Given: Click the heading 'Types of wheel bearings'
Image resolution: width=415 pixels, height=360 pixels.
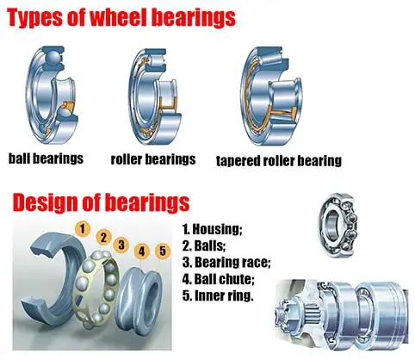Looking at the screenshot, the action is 121,18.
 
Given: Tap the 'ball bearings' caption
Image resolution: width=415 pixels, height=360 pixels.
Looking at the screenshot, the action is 46,158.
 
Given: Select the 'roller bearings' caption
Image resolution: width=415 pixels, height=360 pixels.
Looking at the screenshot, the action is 153,159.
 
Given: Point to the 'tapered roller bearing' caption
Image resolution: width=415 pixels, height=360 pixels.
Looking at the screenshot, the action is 279,161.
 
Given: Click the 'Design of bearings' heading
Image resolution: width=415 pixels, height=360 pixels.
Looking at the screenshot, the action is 101,202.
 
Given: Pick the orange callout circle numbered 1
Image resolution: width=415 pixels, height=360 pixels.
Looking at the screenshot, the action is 83,229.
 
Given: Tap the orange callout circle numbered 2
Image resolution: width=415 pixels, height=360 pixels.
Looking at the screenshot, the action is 103,238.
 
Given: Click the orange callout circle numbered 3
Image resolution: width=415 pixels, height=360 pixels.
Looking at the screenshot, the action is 121,245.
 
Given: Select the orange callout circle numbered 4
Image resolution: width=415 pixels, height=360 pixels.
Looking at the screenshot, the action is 142,251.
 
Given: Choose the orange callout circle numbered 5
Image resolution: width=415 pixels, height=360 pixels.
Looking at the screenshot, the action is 163,251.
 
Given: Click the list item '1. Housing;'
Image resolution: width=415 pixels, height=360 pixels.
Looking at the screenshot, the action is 213,229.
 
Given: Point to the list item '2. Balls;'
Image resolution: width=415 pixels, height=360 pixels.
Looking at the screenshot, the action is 204,245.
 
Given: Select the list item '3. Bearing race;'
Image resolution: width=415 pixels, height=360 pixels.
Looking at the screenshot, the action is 226,263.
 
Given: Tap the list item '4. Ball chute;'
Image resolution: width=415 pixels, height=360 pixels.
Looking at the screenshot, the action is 219,279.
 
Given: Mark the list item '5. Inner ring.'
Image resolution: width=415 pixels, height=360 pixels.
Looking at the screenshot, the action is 218,295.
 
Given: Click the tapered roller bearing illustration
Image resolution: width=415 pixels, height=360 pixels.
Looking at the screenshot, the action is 271,96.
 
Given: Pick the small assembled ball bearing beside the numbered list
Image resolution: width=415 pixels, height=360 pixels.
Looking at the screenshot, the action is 338,225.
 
